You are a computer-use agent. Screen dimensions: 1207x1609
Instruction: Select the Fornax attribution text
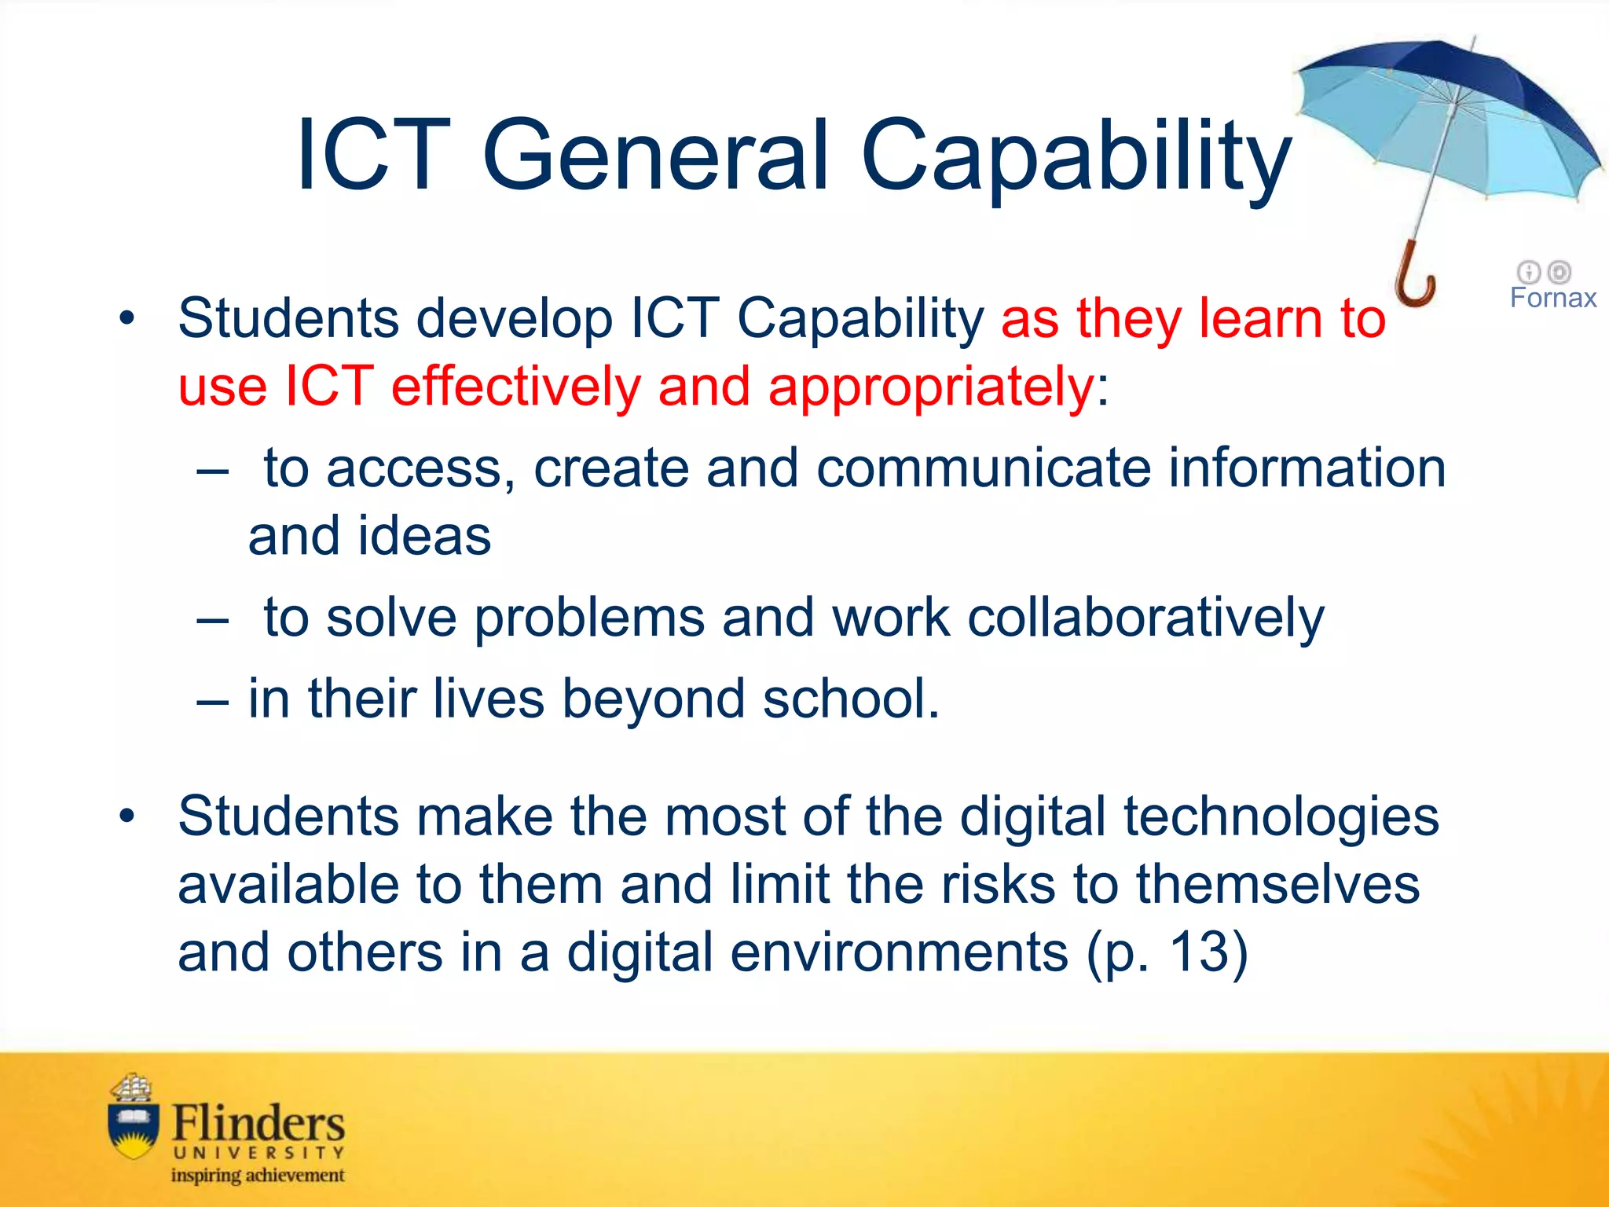coord(1552,298)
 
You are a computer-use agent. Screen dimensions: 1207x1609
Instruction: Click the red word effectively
coord(516,387)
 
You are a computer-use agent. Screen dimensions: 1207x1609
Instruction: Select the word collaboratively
coord(1145,618)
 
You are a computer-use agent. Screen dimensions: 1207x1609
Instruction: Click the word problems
coord(589,618)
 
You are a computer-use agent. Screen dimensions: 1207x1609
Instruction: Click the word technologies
coord(1281,817)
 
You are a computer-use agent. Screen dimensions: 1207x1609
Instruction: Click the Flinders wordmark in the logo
coord(258,1123)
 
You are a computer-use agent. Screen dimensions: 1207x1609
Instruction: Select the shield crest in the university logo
coord(132,1128)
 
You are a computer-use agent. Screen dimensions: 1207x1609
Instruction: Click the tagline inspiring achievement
coord(258,1176)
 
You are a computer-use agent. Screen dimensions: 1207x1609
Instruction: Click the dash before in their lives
coord(212,700)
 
